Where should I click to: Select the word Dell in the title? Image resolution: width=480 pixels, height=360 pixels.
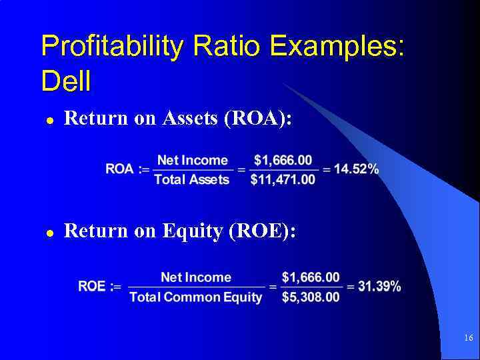click(65, 82)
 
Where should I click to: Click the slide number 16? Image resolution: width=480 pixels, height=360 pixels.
click(468, 339)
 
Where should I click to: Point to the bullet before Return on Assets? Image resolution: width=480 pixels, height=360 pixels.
click(49, 120)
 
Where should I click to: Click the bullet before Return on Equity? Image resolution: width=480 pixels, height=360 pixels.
click(49, 233)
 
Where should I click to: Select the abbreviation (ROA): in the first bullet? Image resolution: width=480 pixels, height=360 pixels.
click(259, 119)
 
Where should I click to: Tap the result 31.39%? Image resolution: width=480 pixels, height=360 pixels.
click(379, 287)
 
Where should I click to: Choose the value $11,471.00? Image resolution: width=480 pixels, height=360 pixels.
click(283, 179)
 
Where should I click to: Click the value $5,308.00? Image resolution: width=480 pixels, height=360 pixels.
click(310, 297)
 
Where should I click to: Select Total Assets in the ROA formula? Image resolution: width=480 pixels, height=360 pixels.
click(191, 179)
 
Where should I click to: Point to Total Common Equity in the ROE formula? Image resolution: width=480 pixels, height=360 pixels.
click(196, 297)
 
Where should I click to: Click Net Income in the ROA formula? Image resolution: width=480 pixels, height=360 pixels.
click(192, 160)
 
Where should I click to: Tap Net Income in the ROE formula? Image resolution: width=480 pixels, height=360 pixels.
click(196, 277)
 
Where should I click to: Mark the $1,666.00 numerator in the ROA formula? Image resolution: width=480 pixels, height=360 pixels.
click(283, 160)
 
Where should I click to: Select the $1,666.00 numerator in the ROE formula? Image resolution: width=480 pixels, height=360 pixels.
click(310, 277)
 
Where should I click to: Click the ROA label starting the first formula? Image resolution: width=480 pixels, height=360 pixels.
click(119, 169)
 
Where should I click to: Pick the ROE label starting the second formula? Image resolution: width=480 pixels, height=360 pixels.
click(92, 287)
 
